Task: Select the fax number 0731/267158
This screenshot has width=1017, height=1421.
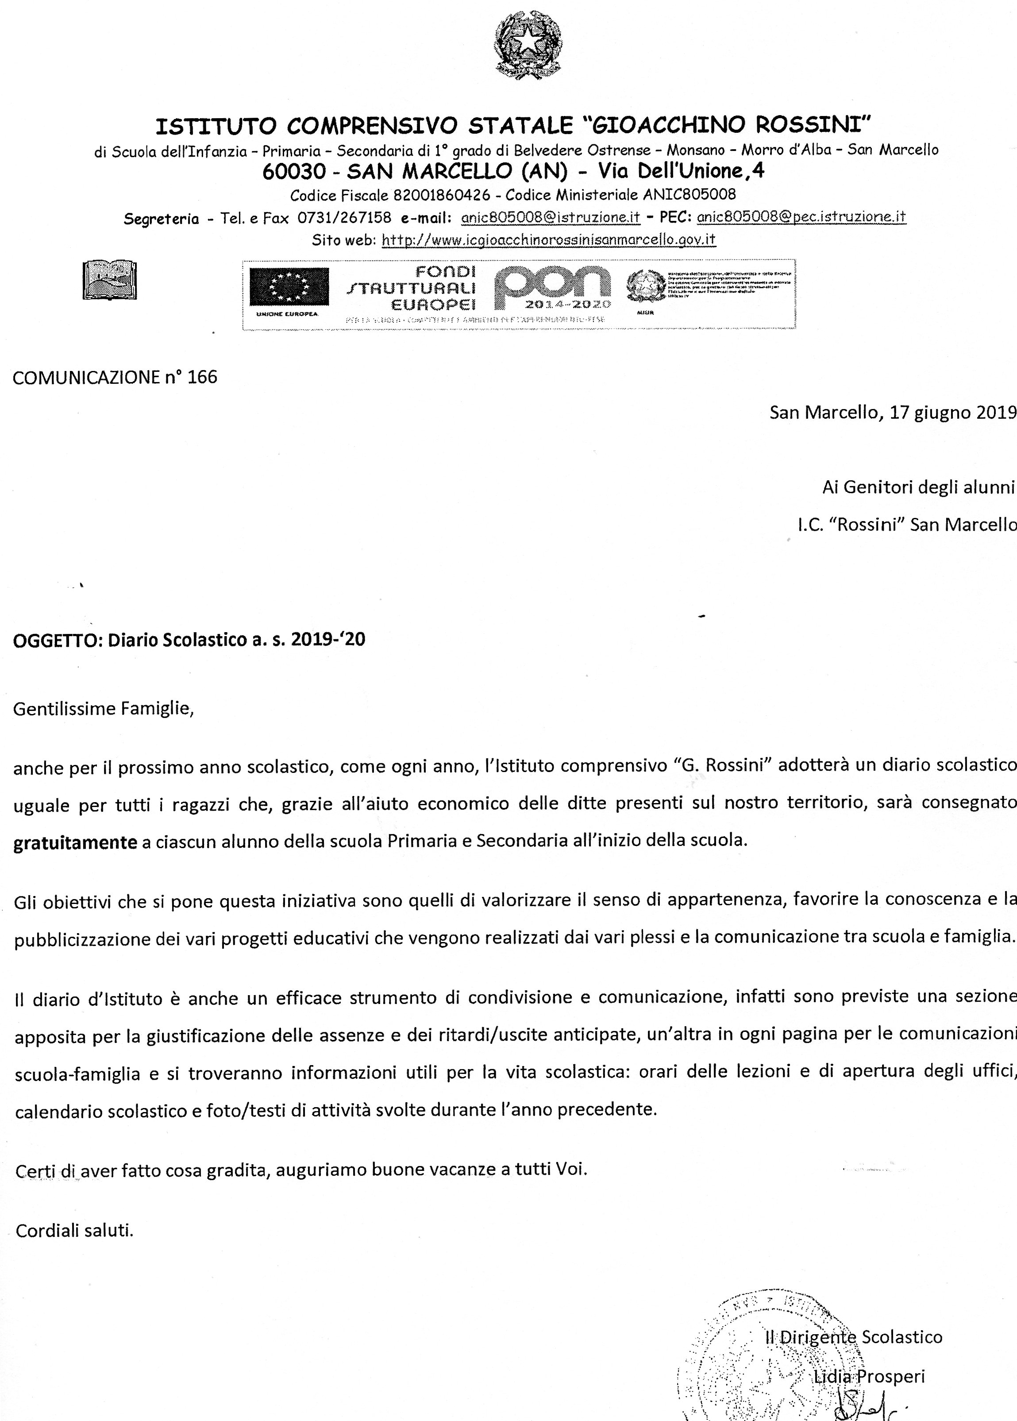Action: (x=344, y=218)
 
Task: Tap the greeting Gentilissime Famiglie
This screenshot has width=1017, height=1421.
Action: (x=103, y=708)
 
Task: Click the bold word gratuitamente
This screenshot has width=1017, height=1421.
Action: (x=75, y=842)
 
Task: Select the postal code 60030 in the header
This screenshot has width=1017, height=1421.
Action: (x=294, y=171)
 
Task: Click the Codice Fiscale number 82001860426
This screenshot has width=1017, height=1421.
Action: (x=442, y=195)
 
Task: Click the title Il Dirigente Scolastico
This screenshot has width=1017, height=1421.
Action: (x=854, y=1337)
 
